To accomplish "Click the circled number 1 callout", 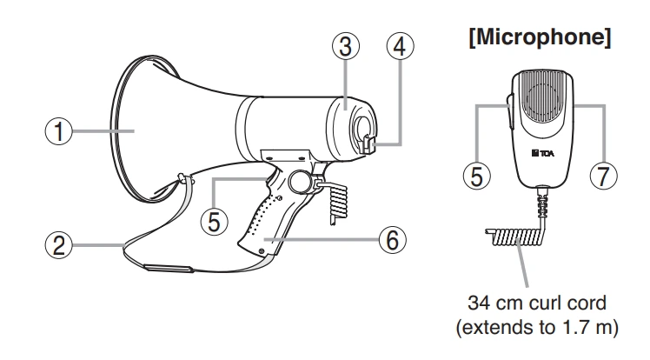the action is point(58,131).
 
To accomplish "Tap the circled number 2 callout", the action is point(58,244).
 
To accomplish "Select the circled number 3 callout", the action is point(346,46).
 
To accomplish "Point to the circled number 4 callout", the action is point(400,46).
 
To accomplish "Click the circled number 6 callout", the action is point(393,239).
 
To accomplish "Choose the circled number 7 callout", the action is point(603,176).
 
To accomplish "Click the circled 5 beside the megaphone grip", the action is point(214,221).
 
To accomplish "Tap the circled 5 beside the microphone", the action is point(477,176).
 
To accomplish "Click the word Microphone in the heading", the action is point(541,37).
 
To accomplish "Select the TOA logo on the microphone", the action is point(542,153).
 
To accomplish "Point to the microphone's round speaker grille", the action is point(543,98).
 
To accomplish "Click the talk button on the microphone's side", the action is point(509,111).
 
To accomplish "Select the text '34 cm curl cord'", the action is point(537,303).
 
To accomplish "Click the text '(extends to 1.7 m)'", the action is point(537,327).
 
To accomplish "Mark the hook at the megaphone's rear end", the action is point(367,144).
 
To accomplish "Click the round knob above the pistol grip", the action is point(300,182).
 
